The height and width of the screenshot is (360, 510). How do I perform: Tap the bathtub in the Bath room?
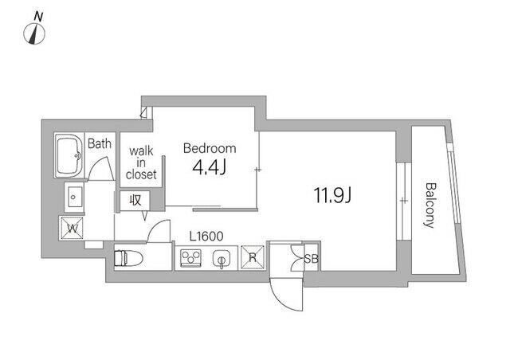[x=69, y=156]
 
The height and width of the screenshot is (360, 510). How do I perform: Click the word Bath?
[x=100, y=143]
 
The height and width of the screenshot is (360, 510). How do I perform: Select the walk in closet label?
[x=141, y=162]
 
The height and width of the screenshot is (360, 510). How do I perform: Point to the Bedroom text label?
[x=210, y=148]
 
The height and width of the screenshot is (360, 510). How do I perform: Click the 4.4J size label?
[x=210, y=167]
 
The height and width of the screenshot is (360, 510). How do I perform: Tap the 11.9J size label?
[x=332, y=195]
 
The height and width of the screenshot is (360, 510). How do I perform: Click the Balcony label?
[x=430, y=205]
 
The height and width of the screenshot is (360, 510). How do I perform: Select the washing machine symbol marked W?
[x=72, y=229]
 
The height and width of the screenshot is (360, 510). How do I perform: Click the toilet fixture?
[x=128, y=258]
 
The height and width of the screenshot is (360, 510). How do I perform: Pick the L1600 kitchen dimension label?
[x=206, y=237]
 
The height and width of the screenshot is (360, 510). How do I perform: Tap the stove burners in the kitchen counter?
[x=190, y=258]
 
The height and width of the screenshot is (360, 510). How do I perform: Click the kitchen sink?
[x=222, y=259]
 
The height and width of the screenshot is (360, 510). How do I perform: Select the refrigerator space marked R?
[x=253, y=257]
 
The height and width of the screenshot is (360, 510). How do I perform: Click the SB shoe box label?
[x=312, y=259]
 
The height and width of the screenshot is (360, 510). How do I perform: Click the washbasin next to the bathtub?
[x=74, y=197]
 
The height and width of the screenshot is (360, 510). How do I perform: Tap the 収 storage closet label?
[x=135, y=201]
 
